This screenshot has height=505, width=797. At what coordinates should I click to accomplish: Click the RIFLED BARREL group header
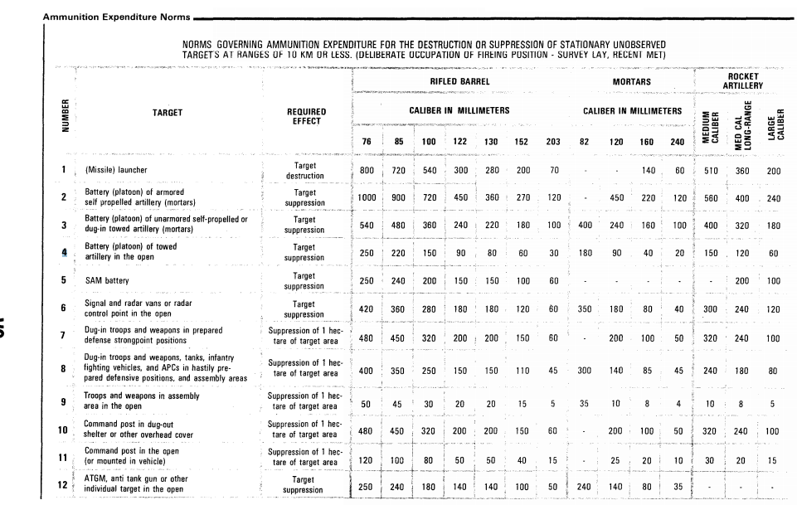[459, 82]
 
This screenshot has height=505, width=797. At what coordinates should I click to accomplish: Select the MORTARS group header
[631, 82]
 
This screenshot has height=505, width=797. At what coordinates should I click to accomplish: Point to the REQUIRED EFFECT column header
[306, 116]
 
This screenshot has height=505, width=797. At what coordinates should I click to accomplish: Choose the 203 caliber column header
[553, 142]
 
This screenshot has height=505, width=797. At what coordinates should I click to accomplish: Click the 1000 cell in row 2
[368, 198]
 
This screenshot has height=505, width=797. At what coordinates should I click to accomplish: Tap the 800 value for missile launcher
[367, 171]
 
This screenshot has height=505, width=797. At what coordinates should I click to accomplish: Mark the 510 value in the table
[710, 171]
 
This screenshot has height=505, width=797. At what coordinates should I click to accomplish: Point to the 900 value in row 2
[399, 198]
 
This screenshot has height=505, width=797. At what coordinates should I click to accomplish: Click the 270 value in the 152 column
[522, 198]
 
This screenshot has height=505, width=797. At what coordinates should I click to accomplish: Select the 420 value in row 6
[367, 309]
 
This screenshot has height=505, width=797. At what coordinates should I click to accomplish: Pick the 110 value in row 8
[522, 371]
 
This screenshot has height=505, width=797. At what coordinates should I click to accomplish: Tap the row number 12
[63, 483]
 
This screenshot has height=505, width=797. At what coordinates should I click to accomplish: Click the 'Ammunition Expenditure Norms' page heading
[116, 16]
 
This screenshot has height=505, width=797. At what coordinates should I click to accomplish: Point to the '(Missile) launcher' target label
[116, 171]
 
